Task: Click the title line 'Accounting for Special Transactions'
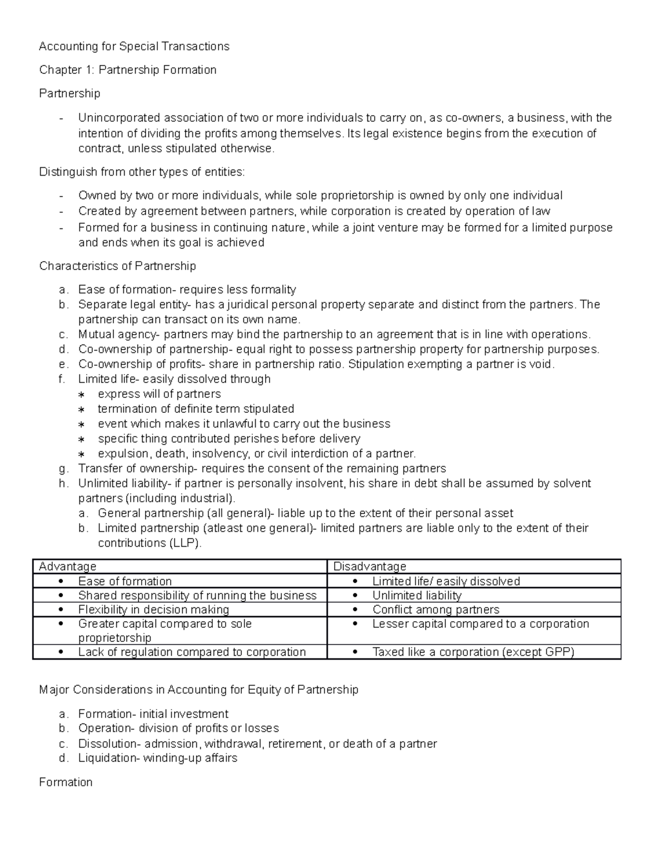134,46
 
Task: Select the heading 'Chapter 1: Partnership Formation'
127,69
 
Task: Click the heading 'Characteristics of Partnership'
117,266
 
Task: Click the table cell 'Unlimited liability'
417,595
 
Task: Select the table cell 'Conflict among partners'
436,610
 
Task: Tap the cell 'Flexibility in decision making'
153,610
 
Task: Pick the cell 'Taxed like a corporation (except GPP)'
473,652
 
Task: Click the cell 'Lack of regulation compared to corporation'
192,652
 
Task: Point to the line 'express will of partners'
159,394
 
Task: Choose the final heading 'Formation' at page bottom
66,782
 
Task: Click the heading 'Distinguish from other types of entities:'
142,172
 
